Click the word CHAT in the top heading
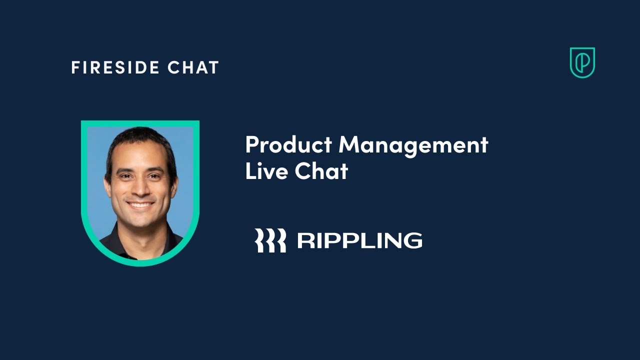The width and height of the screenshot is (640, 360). pyautogui.click(x=193, y=67)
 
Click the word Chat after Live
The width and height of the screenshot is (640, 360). pyautogui.click(x=321, y=171)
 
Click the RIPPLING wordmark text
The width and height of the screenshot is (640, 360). pyautogui.click(x=359, y=240)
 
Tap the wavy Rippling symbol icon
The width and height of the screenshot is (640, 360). pyautogui.click(x=270, y=240)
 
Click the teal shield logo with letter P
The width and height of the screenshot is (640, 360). pyautogui.click(x=582, y=62)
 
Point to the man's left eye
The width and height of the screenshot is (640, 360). pyautogui.click(x=153, y=176)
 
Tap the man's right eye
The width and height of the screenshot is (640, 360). pyautogui.click(x=126, y=176)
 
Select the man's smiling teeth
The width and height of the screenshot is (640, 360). pyautogui.click(x=140, y=204)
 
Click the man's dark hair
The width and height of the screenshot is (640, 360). pyautogui.click(x=140, y=137)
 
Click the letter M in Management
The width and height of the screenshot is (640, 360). pyautogui.click(x=350, y=145)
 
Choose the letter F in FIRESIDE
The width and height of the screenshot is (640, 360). pyautogui.click(x=75, y=67)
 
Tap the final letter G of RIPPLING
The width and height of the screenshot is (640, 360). pyautogui.click(x=411, y=240)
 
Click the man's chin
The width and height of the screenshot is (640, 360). pyautogui.click(x=141, y=220)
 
